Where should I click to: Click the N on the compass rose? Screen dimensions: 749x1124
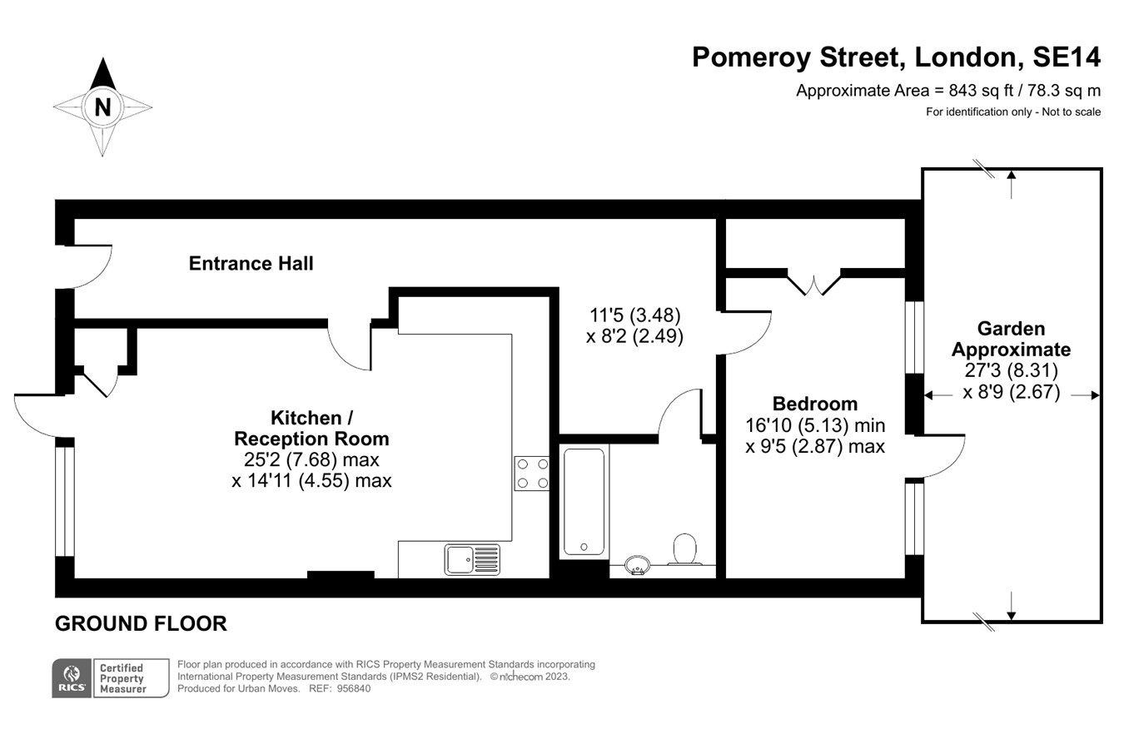[102, 107]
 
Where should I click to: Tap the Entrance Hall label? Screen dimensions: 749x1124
[251, 264]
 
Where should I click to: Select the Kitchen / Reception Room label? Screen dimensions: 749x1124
[311, 428]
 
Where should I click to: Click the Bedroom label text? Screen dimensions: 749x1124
[814, 404]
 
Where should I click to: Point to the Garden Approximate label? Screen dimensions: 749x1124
[1011, 339]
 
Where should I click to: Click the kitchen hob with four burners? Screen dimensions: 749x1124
[531, 473]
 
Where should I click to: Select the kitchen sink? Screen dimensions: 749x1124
[472, 559]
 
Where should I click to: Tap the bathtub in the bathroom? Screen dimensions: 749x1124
[584, 501]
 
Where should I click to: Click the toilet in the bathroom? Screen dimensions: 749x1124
[684, 549]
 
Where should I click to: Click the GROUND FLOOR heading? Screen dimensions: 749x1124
[141, 623]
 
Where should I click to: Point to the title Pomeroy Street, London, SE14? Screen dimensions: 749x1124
[896, 57]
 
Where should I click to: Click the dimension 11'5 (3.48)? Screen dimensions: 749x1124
[635, 315]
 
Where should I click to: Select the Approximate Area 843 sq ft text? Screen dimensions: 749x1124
[947, 91]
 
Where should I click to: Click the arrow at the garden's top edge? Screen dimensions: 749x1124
[1011, 182]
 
